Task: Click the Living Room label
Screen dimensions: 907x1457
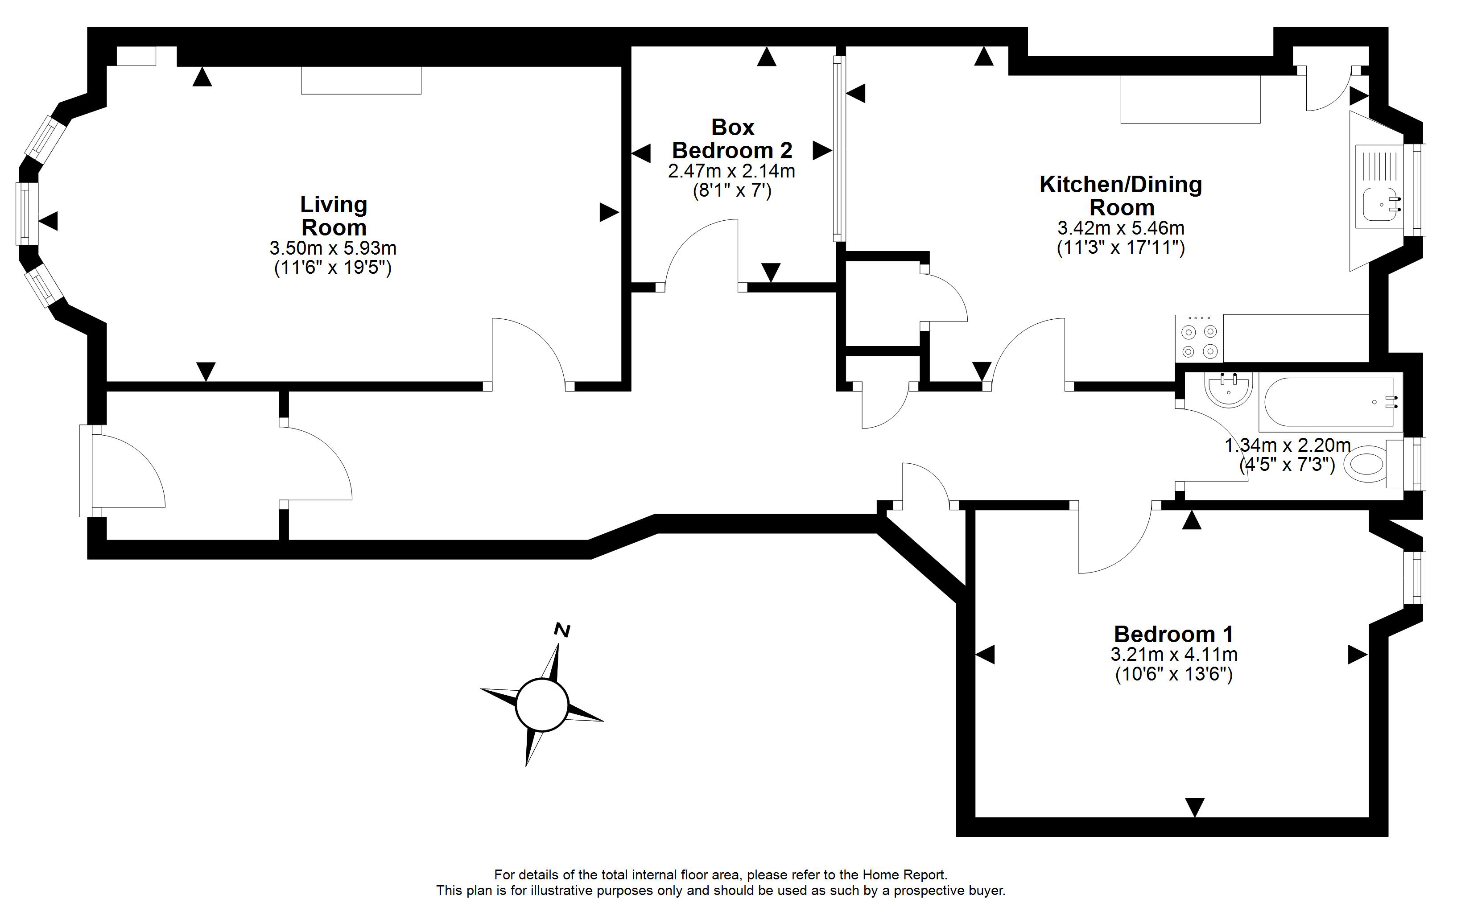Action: tap(334, 216)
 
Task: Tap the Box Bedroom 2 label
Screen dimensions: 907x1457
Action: tap(732, 139)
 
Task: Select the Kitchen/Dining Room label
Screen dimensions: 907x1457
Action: tap(1120, 196)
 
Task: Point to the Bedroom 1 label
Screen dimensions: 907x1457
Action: tap(1173, 634)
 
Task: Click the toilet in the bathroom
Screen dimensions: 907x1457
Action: tap(1365, 463)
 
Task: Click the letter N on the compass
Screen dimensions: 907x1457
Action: tap(562, 630)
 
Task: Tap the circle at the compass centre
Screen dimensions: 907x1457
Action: tap(542, 705)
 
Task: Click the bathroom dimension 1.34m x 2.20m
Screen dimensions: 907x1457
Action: tap(1287, 445)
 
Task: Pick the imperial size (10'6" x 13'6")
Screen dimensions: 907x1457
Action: tap(1173, 675)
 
